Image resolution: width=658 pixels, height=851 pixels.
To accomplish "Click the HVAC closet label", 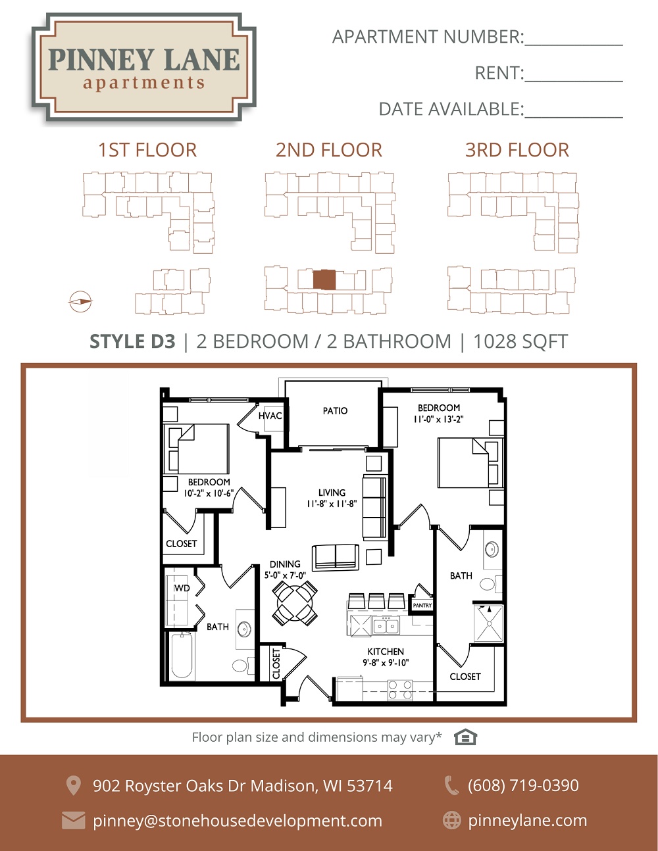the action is pyautogui.click(x=270, y=416).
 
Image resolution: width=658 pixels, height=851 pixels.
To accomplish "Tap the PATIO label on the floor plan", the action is pyautogui.click(x=335, y=410).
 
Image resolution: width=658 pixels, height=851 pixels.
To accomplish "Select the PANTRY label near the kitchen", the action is pyautogui.click(x=422, y=605).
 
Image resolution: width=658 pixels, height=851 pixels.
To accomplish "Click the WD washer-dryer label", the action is pyautogui.click(x=182, y=588).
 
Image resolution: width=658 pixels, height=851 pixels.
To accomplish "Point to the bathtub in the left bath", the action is pyautogui.click(x=182, y=655).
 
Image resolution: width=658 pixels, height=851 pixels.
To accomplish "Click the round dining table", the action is pyautogui.click(x=295, y=602).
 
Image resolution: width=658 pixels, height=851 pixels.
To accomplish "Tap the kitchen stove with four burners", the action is pyautogui.click(x=400, y=690).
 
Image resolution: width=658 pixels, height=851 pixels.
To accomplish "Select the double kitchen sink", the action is pyautogui.click(x=386, y=626).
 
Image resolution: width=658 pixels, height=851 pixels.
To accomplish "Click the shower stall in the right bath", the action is pyautogui.click(x=488, y=624).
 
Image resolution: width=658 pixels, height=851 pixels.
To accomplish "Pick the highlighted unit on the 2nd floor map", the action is pyautogui.click(x=324, y=280).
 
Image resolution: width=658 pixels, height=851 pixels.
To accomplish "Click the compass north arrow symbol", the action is pyautogui.click(x=80, y=302).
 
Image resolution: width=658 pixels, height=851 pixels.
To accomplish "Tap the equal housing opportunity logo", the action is pyautogui.click(x=465, y=737).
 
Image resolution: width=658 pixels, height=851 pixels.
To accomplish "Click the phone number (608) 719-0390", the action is pyautogui.click(x=523, y=785).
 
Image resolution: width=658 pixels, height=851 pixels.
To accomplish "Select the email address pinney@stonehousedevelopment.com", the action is pyautogui.click(x=238, y=821).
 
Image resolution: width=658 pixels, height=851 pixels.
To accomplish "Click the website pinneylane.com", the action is pyautogui.click(x=528, y=821).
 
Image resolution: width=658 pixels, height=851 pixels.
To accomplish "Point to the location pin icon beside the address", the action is pyautogui.click(x=73, y=786).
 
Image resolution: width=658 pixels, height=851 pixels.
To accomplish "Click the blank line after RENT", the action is pyautogui.click(x=574, y=81).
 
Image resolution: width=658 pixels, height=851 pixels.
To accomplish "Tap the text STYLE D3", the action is pyautogui.click(x=132, y=341).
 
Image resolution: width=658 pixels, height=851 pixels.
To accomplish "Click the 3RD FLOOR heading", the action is pyautogui.click(x=517, y=150).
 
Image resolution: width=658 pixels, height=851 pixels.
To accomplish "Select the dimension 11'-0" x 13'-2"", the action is pyautogui.click(x=439, y=419).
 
